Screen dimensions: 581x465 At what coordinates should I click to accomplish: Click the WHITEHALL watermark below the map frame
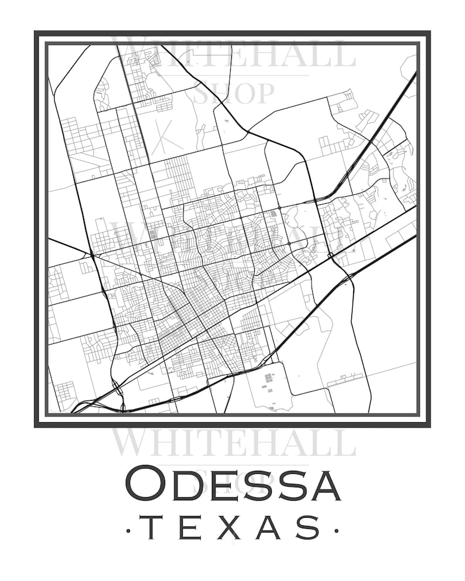tap(233, 443)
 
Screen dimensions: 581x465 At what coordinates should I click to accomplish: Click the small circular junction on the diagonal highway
tap(331, 255)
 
